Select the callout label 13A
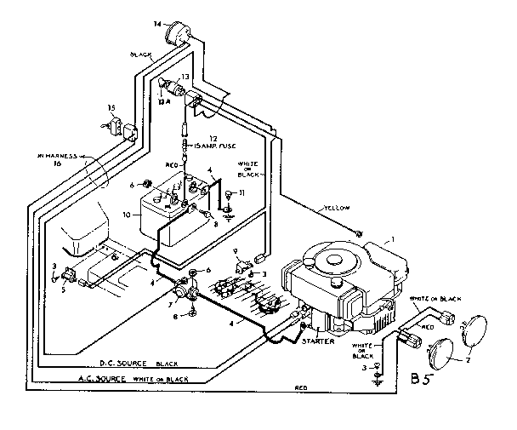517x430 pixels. pos(165,96)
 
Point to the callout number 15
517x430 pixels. pos(111,107)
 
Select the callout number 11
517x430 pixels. pos(242,195)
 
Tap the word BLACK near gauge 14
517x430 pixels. pos(141,55)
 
